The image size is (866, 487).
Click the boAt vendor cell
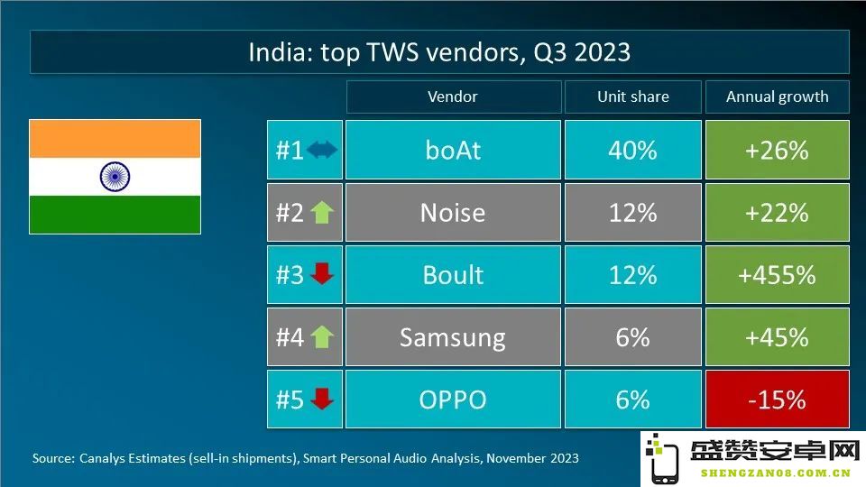click(x=453, y=150)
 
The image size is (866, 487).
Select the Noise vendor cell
click(x=453, y=213)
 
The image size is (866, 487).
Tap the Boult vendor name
click(x=453, y=275)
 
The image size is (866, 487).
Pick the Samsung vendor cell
click(x=453, y=336)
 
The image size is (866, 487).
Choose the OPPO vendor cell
click(x=453, y=400)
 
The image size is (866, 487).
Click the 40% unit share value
click(x=633, y=151)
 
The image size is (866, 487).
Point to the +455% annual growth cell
click(x=777, y=275)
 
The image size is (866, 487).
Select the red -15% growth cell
click(x=777, y=400)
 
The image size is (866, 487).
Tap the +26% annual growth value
click(x=777, y=151)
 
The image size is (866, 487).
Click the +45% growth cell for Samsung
click(x=777, y=336)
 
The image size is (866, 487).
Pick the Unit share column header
click(x=633, y=96)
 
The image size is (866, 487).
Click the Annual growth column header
click(x=777, y=96)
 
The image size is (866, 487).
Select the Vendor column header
click(x=453, y=96)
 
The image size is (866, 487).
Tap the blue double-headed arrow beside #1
click(x=322, y=150)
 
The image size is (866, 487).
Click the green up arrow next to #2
click(x=322, y=213)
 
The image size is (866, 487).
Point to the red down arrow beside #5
click(x=322, y=399)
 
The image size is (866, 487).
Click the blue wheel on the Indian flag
click(x=115, y=177)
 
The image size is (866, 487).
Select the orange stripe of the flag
click(x=115, y=139)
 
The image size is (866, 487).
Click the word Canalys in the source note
click(x=101, y=458)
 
